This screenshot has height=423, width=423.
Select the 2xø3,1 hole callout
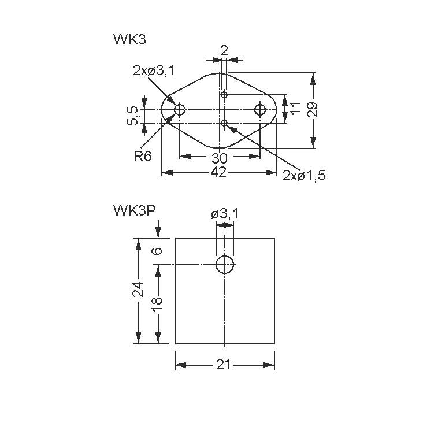tap(154, 70)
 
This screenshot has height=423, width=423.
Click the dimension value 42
tap(218, 172)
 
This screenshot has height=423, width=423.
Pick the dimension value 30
tap(219, 158)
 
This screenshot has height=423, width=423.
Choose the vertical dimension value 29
tap(313, 110)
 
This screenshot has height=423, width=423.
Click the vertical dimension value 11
tap(296, 108)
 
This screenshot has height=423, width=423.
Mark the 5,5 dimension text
tap(133, 116)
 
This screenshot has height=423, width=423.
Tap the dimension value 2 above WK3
tap(224, 51)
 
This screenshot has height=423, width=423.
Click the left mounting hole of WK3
tap(180, 109)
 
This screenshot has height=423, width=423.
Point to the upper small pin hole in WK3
tap(224, 94)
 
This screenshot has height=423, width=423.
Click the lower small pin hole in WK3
tap(224, 123)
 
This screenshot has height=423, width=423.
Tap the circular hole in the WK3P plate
tap(224, 265)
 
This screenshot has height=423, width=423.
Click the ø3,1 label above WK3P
tap(224, 214)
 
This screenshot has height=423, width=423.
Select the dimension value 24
tap(138, 289)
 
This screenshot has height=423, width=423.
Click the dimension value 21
tap(224, 364)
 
